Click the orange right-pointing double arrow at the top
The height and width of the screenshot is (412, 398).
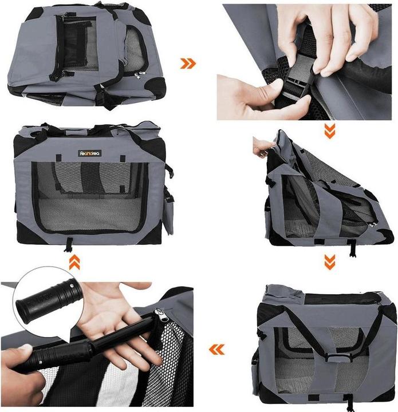point(188,62)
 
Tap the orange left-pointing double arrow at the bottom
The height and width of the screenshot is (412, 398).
point(216,348)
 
